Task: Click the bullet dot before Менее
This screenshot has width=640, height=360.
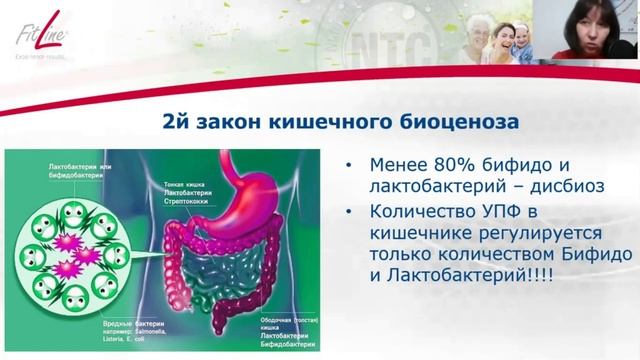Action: [347, 165]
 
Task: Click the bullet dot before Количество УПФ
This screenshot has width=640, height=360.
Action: [347, 213]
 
